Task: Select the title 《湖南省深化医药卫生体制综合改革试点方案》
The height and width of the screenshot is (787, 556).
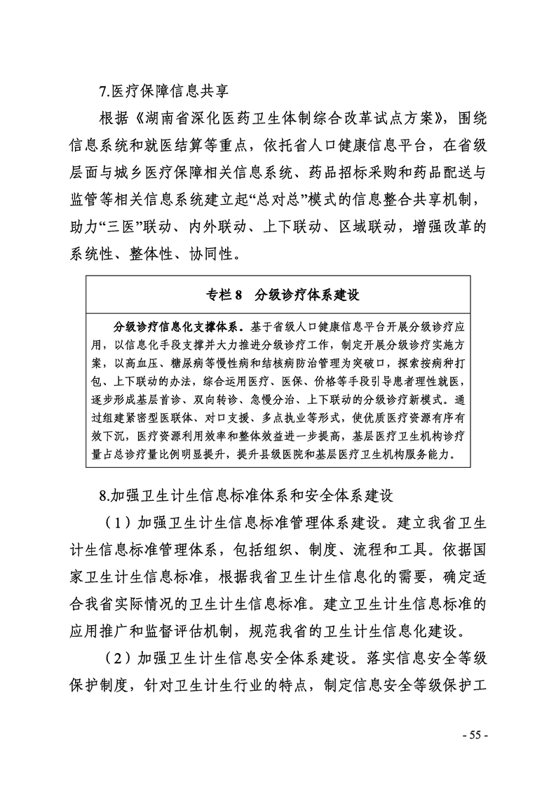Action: coord(287,116)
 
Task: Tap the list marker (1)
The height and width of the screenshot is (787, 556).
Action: coord(116,523)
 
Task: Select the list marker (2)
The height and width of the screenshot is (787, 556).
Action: coord(116,659)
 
